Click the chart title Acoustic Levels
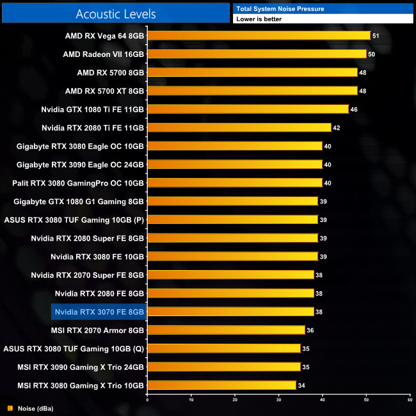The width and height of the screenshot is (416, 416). point(115,13)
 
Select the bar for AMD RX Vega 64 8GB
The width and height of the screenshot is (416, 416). point(259,36)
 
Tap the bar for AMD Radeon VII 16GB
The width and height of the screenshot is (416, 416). point(257,54)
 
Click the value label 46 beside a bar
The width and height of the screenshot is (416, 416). point(354,109)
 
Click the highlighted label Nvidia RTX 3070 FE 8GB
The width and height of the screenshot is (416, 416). point(99,312)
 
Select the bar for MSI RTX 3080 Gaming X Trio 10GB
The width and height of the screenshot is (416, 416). point(221,385)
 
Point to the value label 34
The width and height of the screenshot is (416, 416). point(301,385)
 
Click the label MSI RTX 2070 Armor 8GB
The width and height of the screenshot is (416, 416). point(97,330)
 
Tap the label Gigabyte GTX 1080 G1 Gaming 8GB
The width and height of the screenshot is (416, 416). point(79,202)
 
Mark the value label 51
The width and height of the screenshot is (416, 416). point(376,36)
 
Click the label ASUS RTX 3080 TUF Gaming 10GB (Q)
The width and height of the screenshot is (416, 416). point(74,349)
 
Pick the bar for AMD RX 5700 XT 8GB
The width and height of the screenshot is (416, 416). point(252,91)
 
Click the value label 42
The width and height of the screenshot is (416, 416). point(337,128)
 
